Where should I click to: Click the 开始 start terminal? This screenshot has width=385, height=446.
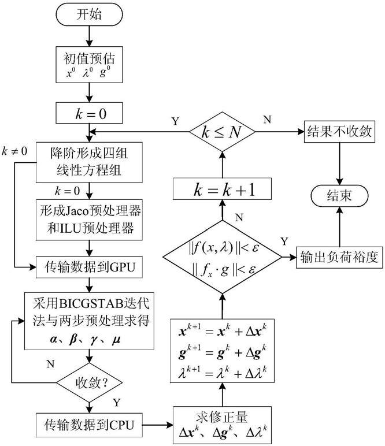(x=89, y=15)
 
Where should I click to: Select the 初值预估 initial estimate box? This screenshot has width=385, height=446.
(x=89, y=65)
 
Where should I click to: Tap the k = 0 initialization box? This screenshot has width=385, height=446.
(x=89, y=113)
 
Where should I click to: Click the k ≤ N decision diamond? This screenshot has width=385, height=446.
(x=222, y=132)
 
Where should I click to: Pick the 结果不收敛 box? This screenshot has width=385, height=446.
(x=339, y=132)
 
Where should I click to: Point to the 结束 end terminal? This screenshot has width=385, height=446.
(x=339, y=195)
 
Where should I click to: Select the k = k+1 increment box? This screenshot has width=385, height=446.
(x=222, y=189)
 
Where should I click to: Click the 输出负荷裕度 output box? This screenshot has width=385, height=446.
(x=339, y=258)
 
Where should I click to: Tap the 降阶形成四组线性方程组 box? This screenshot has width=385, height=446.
(x=89, y=162)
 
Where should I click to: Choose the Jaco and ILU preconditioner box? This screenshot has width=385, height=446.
(x=89, y=220)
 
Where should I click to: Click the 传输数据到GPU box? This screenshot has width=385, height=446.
(x=89, y=267)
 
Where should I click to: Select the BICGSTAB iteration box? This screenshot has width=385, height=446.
(x=89, y=321)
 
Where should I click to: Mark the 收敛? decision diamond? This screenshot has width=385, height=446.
(x=89, y=382)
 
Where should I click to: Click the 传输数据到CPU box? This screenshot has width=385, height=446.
(x=89, y=425)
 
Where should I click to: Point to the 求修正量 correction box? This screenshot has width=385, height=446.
(x=222, y=425)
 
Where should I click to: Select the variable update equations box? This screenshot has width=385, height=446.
(x=222, y=351)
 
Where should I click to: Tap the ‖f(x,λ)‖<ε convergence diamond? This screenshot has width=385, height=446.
(x=222, y=257)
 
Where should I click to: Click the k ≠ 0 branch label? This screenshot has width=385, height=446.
(x=14, y=151)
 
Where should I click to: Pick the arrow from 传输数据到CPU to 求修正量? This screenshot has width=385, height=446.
(x=158, y=425)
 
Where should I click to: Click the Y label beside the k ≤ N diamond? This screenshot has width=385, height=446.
(x=176, y=121)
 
